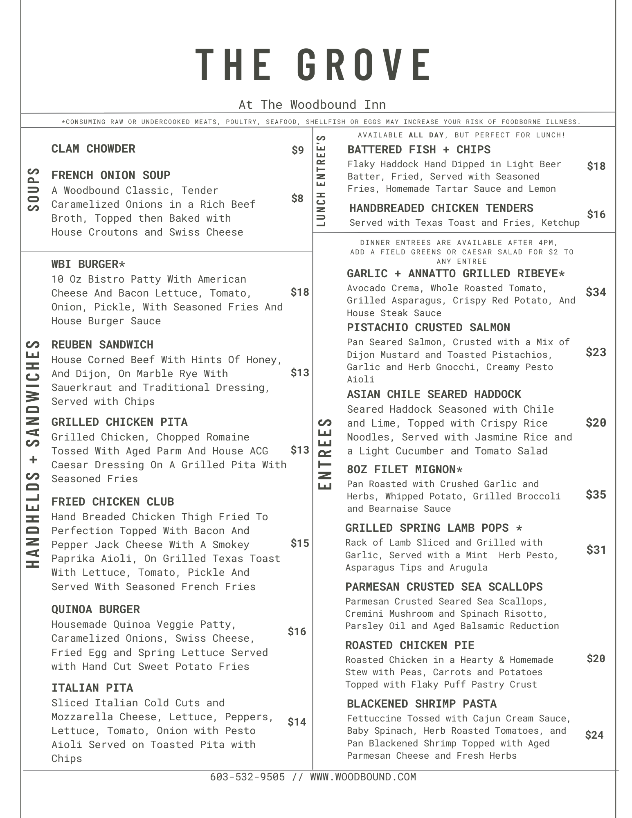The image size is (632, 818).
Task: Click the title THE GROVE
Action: (x=313, y=65)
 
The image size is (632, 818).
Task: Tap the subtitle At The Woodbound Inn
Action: (x=312, y=105)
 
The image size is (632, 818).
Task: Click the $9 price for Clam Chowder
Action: (x=297, y=150)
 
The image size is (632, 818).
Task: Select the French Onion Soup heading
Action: (x=111, y=175)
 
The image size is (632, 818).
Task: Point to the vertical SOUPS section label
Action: (x=34, y=189)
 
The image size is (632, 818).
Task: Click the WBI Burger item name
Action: (x=88, y=264)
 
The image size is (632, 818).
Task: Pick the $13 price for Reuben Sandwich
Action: (x=299, y=373)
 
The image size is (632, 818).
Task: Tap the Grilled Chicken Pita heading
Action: (x=119, y=422)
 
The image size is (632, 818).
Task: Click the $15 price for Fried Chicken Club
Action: (x=299, y=543)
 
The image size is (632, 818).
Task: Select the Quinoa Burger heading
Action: (x=95, y=609)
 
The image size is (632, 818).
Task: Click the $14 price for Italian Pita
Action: (x=297, y=722)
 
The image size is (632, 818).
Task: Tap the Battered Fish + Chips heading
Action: (x=419, y=150)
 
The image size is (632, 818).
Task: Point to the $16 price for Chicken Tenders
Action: (x=596, y=214)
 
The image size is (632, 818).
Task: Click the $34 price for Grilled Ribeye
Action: (x=596, y=292)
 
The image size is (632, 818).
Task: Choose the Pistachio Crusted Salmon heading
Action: (x=428, y=328)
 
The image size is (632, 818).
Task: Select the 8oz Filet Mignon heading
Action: (x=405, y=470)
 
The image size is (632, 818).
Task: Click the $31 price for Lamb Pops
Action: (x=596, y=550)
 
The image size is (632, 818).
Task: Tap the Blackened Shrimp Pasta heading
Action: (x=421, y=704)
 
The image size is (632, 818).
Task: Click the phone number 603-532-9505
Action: (x=247, y=777)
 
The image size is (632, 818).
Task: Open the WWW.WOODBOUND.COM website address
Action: (x=363, y=777)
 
